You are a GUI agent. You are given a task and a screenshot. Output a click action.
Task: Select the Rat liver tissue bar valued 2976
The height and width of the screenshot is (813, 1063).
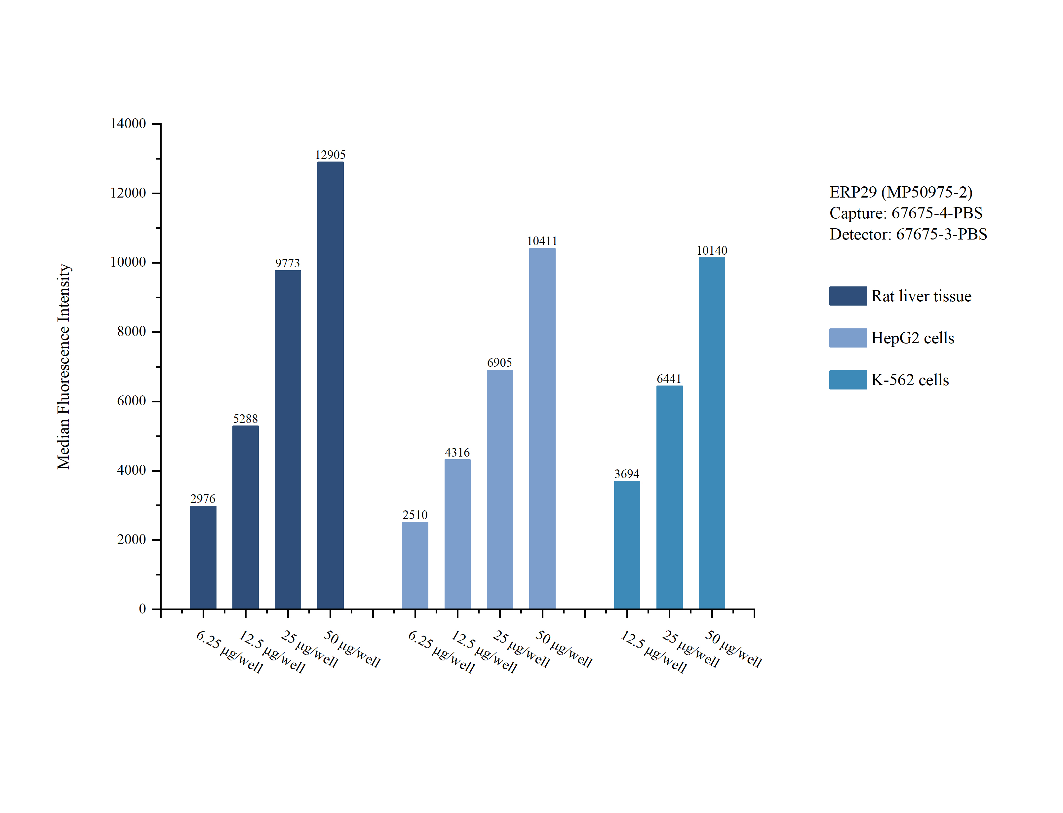coord(203,557)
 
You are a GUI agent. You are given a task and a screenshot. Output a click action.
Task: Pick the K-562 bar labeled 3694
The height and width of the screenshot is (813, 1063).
coord(627,544)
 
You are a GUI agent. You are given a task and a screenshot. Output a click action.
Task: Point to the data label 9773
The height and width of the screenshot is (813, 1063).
coord(288,263)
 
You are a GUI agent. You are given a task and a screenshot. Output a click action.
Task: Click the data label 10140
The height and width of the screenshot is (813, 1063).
coord(712,251)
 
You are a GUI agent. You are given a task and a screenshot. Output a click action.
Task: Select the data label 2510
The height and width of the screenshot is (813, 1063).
coord(415,515)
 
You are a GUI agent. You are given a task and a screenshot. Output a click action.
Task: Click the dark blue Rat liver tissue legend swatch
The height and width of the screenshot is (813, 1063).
coord(847,296)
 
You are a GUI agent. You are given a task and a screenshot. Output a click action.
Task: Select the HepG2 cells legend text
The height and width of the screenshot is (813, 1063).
coord(913,338)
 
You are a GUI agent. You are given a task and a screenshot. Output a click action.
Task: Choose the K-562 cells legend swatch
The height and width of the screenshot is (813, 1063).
coord(847,380)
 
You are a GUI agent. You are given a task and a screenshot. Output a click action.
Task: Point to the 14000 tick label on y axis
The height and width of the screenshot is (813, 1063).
coord(128,124)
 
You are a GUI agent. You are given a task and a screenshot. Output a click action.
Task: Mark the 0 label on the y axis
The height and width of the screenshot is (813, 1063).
coord(142,609)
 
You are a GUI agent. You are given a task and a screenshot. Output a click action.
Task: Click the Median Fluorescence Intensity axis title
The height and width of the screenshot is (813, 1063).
coord(64,366)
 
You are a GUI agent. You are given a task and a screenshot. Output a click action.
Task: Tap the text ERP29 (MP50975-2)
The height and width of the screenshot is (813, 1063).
coord(901,192)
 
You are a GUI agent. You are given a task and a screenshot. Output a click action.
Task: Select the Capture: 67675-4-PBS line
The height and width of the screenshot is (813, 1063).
coord(906,213)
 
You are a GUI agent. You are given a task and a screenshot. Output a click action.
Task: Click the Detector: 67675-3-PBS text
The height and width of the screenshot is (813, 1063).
coord(908,234)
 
